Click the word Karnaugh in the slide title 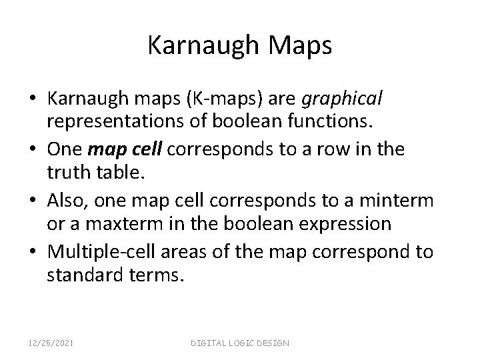[x=199, y=46]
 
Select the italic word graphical [x=342, y=99]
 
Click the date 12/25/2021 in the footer [x=51, y=343]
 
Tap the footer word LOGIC [x=239, y=343]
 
